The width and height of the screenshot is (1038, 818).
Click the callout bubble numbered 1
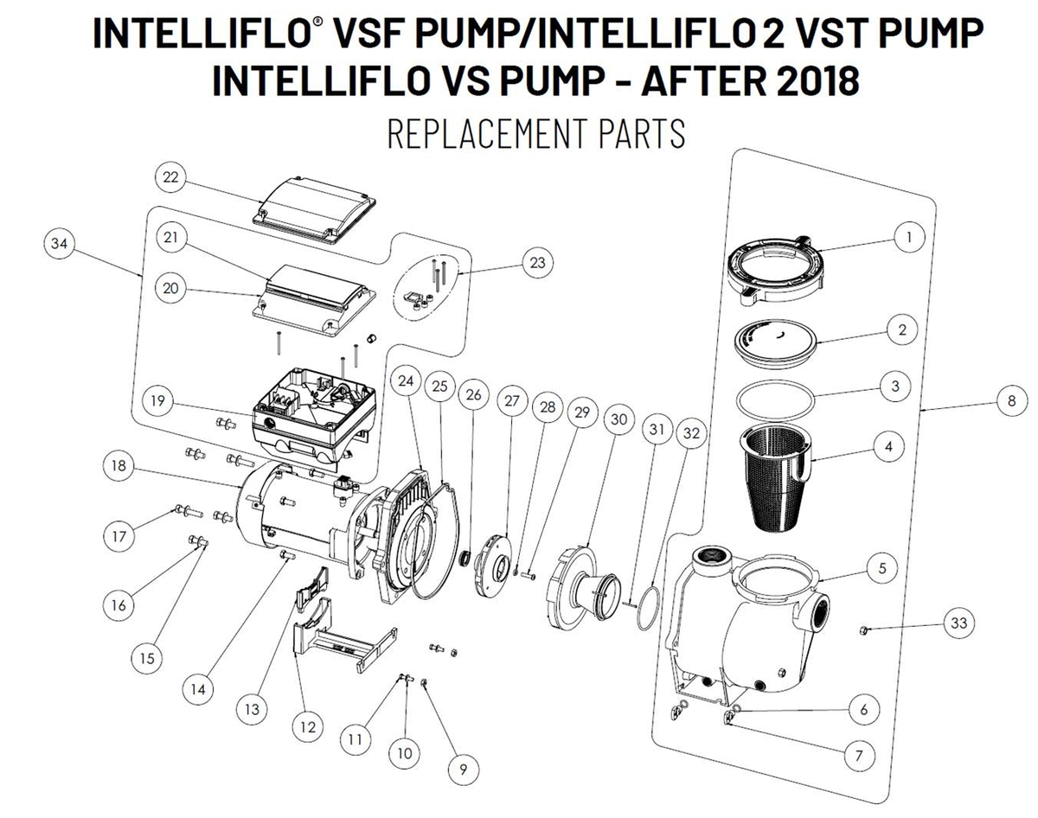[x=908, y=238]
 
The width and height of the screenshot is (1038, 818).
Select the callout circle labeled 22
[x=171, y=177]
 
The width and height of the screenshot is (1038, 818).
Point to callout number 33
[x=958, y=623]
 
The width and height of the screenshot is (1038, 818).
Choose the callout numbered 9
[x=464, y=767]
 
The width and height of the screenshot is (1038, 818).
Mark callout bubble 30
[x=617, y=420]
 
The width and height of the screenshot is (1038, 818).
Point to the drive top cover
[x=314, y=206]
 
